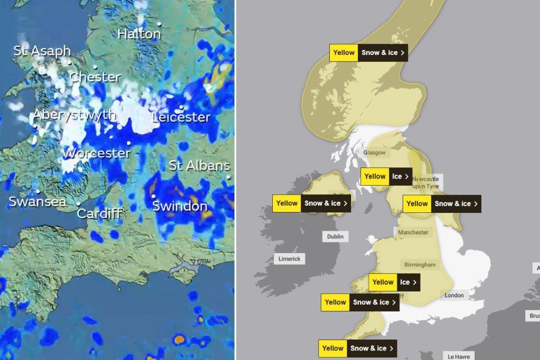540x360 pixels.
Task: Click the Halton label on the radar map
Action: tap(139, 34)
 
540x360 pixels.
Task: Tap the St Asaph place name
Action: tap(42, 50)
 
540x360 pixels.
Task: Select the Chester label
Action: tap(95, 77)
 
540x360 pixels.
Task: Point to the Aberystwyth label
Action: tap(75, 115)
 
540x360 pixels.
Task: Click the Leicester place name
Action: tap(181, 117)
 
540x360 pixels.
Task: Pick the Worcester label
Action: tap(97, 153)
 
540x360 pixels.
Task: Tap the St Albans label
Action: tap(199, 166)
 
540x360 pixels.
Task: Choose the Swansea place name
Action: tap(37, 202)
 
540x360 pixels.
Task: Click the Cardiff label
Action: tap(99, 213)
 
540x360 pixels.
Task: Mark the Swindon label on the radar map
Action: tap(180, 207)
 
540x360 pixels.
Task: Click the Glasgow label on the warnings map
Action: tap(374, 153)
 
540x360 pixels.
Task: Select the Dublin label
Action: tap(335, 237)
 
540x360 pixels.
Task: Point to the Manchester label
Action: tap(414, 232)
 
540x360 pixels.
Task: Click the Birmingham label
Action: tap(420, 265)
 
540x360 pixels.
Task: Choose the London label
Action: tap(454, 295)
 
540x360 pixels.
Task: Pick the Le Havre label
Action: tap(459, 355)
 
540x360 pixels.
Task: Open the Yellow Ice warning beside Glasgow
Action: tap(387, 176)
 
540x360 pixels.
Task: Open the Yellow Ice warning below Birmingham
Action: tap(395, 282)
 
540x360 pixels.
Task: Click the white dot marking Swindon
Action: tap(153, 196)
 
